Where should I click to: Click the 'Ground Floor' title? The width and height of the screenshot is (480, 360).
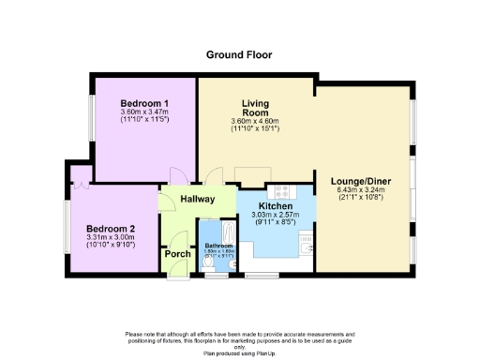239,54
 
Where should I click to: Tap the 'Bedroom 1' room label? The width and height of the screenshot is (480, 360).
144,103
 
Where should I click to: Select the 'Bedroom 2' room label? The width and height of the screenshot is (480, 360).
112,229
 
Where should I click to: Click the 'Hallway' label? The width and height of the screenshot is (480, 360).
198,199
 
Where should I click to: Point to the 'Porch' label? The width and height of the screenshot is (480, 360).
177,254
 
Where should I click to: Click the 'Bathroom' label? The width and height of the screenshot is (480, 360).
218,246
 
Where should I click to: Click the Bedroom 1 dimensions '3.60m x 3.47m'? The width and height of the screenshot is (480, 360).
144,112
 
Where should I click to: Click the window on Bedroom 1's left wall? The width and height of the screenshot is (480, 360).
91,116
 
